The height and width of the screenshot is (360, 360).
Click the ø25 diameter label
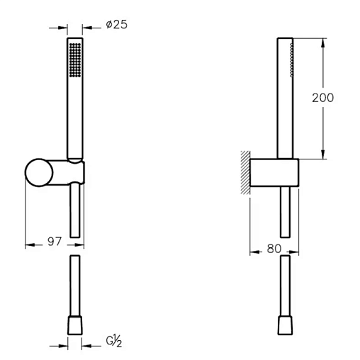point(116,24)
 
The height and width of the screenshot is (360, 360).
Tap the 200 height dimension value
point(322,98)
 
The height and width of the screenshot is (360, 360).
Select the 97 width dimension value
point(55,242)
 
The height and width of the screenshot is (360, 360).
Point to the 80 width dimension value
point(274,249)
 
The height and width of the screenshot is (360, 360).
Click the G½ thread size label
point(114,341)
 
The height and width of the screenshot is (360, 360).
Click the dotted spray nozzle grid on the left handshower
point(75,60)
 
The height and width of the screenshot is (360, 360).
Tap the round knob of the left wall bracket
point(39,173)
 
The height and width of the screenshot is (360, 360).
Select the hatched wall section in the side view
point(245,172)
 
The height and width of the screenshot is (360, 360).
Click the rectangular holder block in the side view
point(274,173)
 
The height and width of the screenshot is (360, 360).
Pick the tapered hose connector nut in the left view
point(75,325)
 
